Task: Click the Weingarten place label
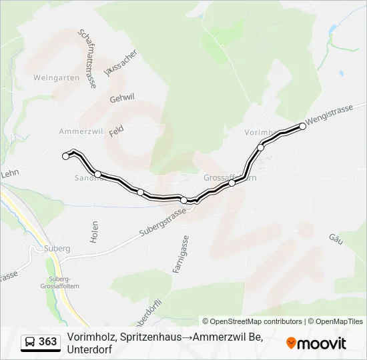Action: coord(56,77)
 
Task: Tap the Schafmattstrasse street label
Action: coord(88,59)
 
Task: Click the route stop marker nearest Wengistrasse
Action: coord(302,126)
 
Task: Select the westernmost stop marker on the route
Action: coord(65,156)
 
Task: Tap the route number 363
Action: coord(48,342)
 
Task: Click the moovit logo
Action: coord(316,343)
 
